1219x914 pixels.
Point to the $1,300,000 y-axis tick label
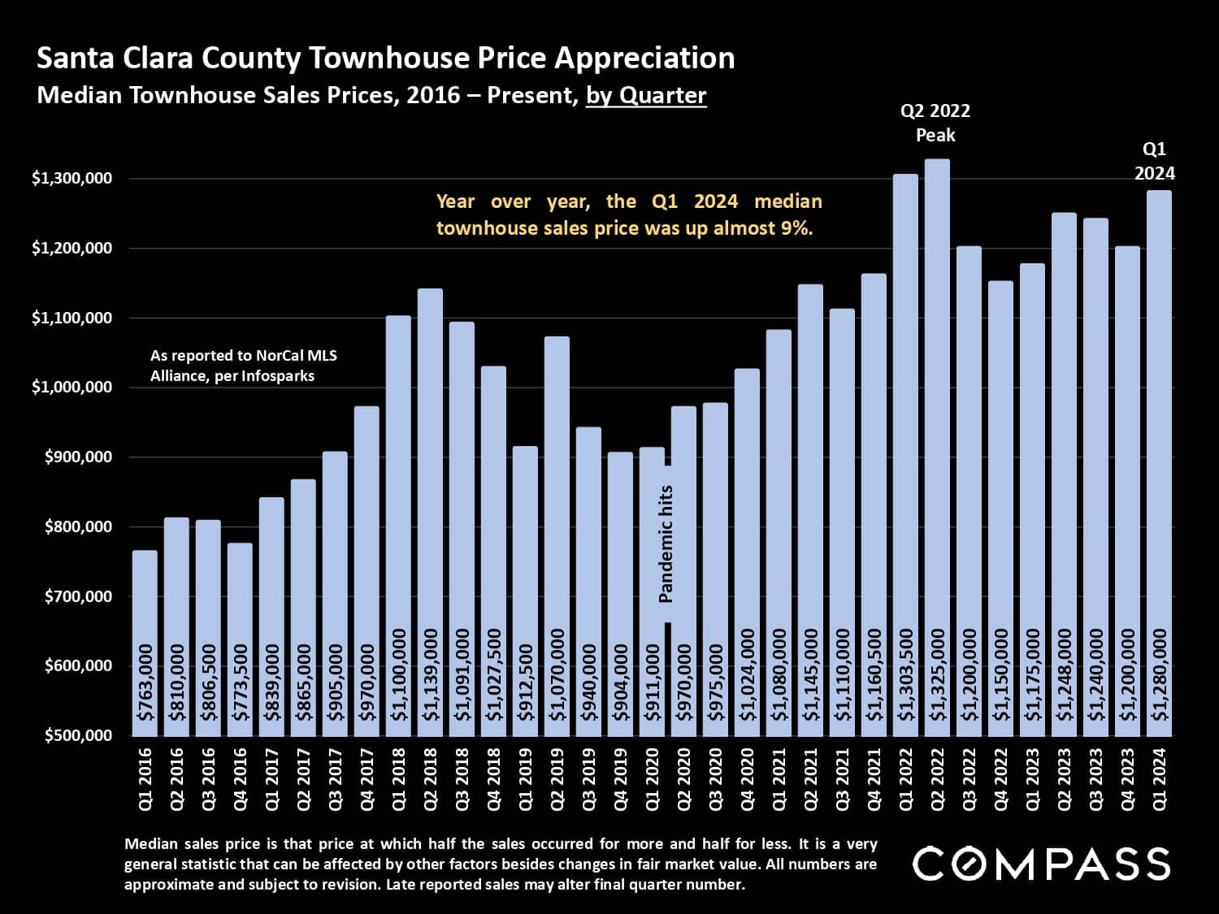coord(72,179)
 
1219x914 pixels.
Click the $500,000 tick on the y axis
coord(72,735)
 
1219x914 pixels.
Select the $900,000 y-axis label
coord(72,457)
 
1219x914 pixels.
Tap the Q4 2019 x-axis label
coord(621,779)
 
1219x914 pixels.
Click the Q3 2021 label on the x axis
coord(843,779)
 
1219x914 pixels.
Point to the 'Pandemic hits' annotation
coord(666,544)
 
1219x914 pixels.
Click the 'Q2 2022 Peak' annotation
coord(935,123)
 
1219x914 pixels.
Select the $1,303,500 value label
coord(906,674)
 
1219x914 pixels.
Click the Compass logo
coord(1041,864)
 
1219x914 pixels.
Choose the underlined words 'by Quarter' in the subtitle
coord(646,96)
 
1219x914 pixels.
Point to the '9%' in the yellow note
coord(796,228)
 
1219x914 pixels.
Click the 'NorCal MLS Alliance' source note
coord(243,366)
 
